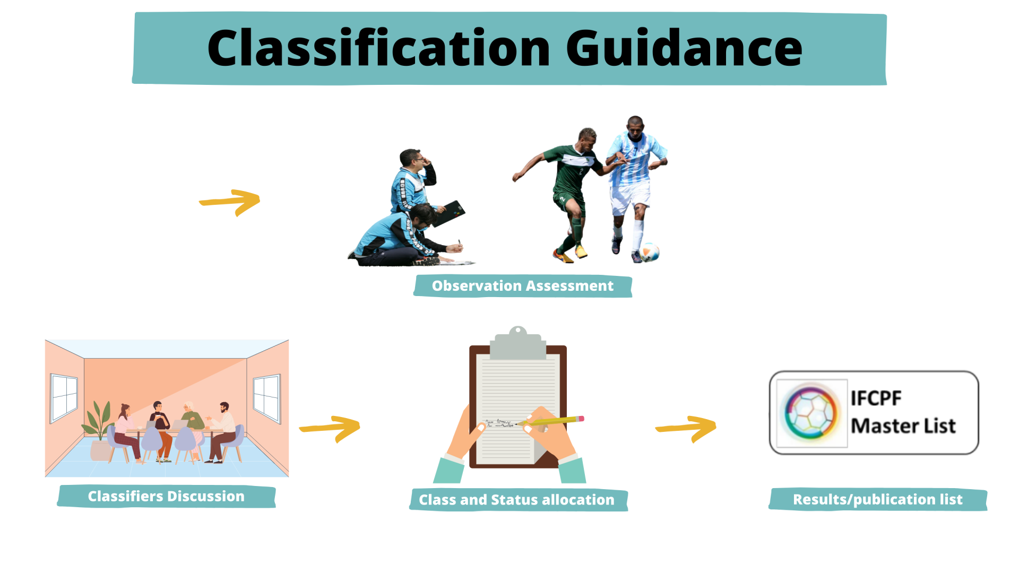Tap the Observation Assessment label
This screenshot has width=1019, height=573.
[x=523, y=286]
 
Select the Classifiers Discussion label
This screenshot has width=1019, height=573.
[x=166, y=496]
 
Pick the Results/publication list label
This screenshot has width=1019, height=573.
[x=878, y=499]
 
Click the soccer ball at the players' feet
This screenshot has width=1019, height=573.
[x=649, y=252]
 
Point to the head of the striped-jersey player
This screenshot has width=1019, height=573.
[x=635, y=126]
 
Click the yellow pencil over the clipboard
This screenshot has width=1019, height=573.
[x=550, y=421]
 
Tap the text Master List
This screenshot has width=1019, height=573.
[x=903, y=426]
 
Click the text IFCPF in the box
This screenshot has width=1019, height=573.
[x=876, y=398]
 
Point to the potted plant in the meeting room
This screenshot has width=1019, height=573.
[x=98, y=430]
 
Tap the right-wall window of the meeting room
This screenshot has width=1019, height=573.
[x=267, y=398]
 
